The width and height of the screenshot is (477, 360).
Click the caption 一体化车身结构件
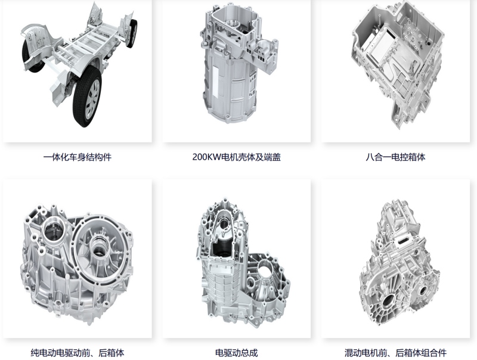[78, 157]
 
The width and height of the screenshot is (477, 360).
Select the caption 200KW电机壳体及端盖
[236, 157]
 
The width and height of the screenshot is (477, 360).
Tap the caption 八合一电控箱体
[395, 157]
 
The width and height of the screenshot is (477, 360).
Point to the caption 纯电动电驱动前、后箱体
[78, 353]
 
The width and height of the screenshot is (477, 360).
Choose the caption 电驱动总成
[236, 353]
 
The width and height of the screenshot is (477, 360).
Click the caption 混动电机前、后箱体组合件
[395, 353]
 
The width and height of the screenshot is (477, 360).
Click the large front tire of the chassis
[88, 97]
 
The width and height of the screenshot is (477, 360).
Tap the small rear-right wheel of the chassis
[132, 33]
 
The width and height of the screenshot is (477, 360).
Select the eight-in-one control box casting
[397, 64]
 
